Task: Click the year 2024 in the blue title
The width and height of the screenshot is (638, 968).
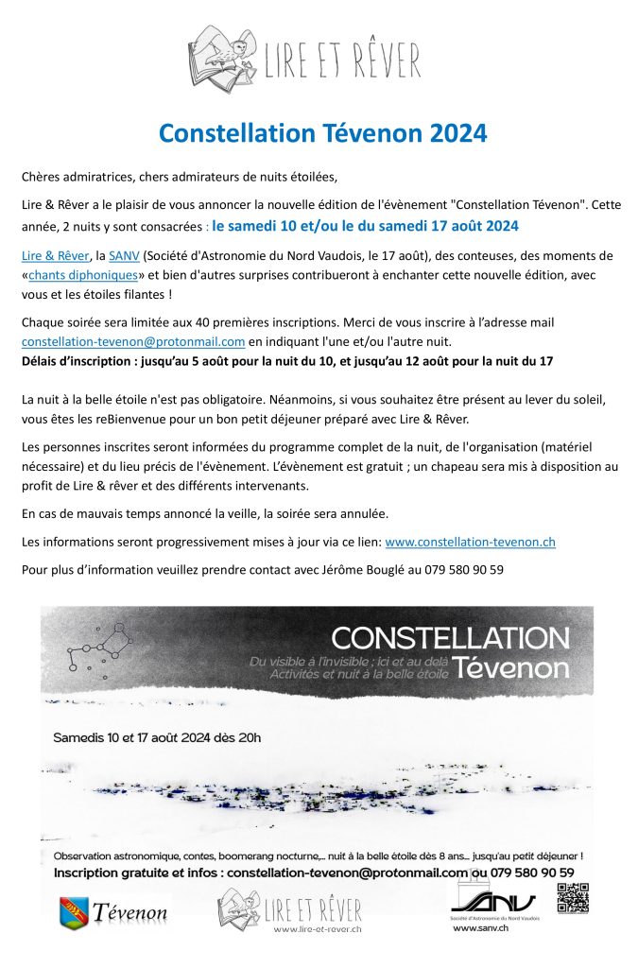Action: tap(457, 133)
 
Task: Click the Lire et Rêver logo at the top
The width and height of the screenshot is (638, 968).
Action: tap(303, 58)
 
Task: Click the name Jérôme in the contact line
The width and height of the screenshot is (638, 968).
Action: tap(318, 570)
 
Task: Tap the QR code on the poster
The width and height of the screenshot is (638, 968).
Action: tap(573, 897)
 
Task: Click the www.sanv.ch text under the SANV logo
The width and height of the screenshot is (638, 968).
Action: tap(482, 928)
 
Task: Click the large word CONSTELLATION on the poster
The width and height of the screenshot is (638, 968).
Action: tap(451, 638)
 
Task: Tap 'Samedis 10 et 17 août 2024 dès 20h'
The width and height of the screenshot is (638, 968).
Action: tap(157, 736)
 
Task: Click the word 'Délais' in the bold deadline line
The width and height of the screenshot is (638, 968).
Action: tap(44, 360)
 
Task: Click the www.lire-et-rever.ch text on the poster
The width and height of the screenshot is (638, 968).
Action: tap(318, 929)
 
